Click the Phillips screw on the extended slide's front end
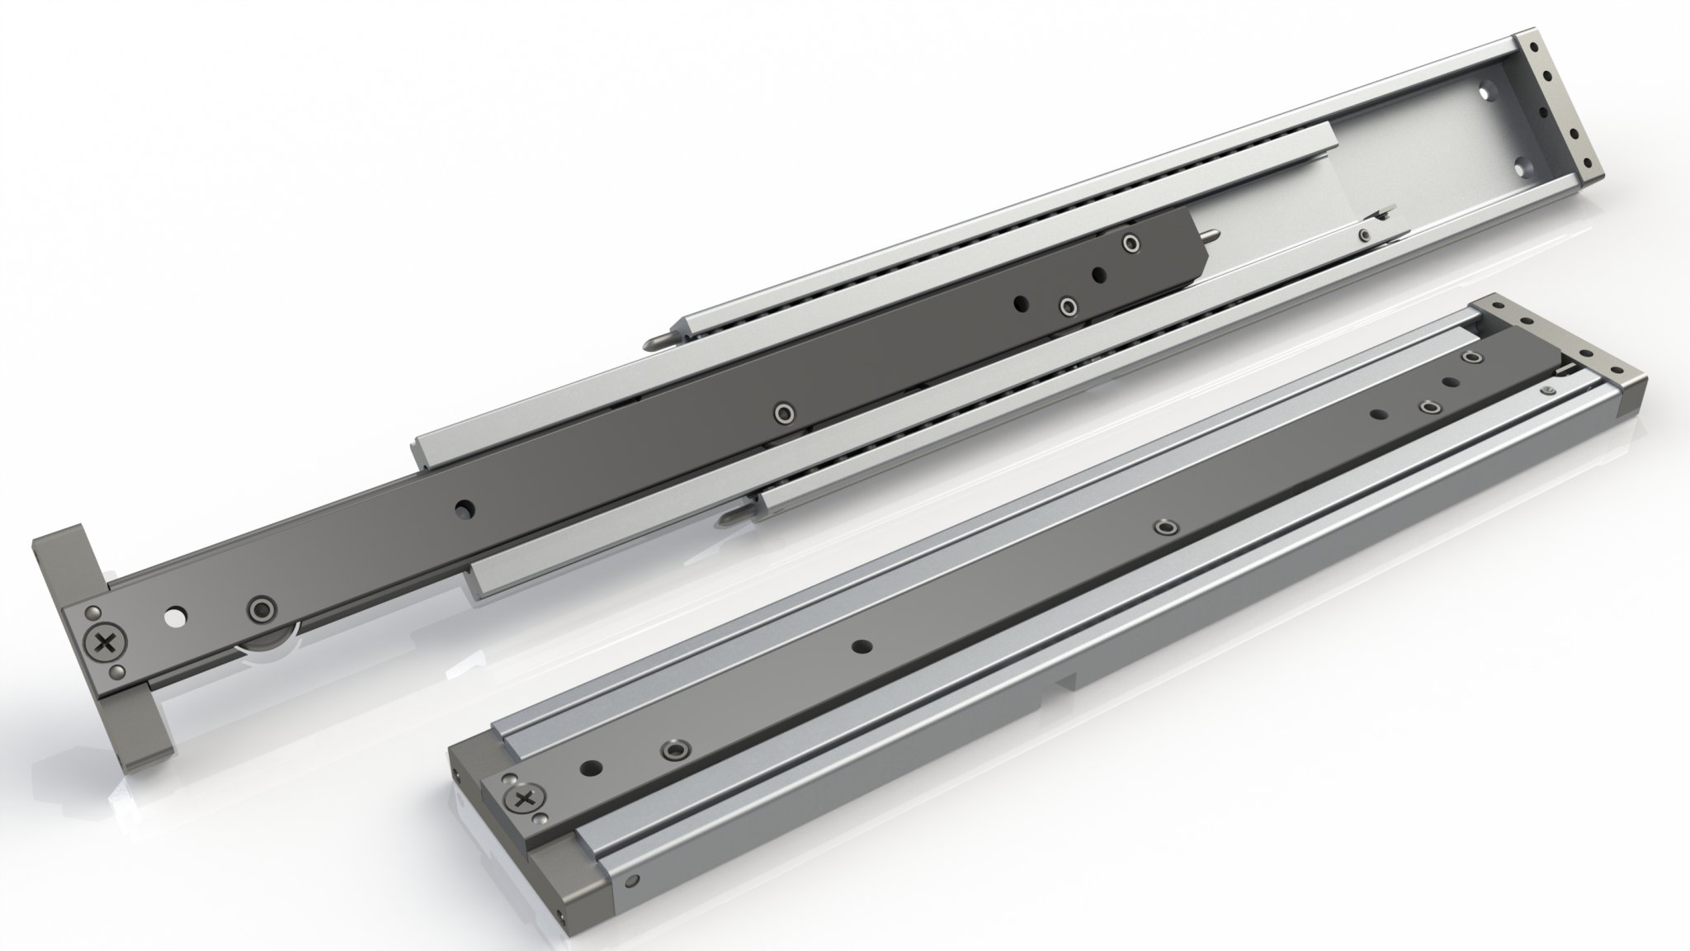[105, 645]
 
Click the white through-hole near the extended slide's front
[174, 616]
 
